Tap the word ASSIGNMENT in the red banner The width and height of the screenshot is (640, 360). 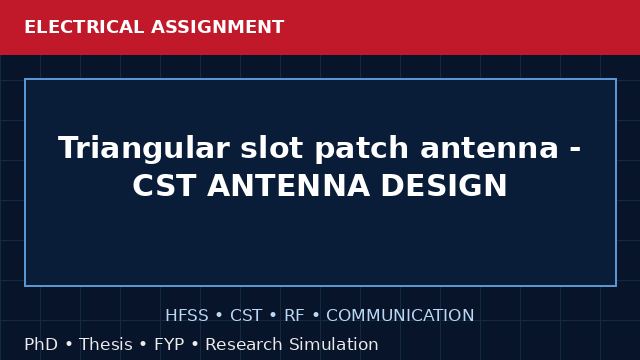pyautogui.click(x=218, y=27)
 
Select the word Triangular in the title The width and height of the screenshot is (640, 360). pyautogui.click(x=144, y=149)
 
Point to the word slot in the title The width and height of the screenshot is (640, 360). pyautogui.click(x=272, y=147)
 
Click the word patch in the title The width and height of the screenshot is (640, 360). pyautogui.click(x=362, y=149)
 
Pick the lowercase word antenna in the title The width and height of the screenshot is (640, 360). pyautogui.click(x=489, y=148)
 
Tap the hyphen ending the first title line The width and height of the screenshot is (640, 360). pyautogui.click(x=575, y=150)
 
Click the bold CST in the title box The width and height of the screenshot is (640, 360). pyautogui.click(x=164, y=185)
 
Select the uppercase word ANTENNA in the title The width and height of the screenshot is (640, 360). pyautogui.click(x=289, y=185)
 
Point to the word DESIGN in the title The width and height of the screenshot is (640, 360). pyautogui.click(x=444, y=185)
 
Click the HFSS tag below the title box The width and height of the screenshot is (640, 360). pyautogui.click(x=187, y=315)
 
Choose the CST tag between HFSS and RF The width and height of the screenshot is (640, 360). pyautogui.click(x=246, y=315)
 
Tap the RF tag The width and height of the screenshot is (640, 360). pyautogui.click(x=294, y=315)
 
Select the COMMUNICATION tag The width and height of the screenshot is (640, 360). pyautogui.click(x=400, y=315)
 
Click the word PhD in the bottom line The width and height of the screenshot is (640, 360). pyautogui.click(x=41, y=344)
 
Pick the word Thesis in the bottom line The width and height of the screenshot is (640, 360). pyautogui.click(x=106, y=344)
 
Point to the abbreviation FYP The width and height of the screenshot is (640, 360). pyautogui.click(x=169, y=344)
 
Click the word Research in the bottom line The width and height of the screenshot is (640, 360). pyautogui.click(x=244, y=344)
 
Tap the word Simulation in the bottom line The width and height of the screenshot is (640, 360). pyautogui.click(x=334, y=344)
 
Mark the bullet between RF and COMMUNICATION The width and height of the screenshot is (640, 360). pyautogui.click(x=316, y=315)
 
